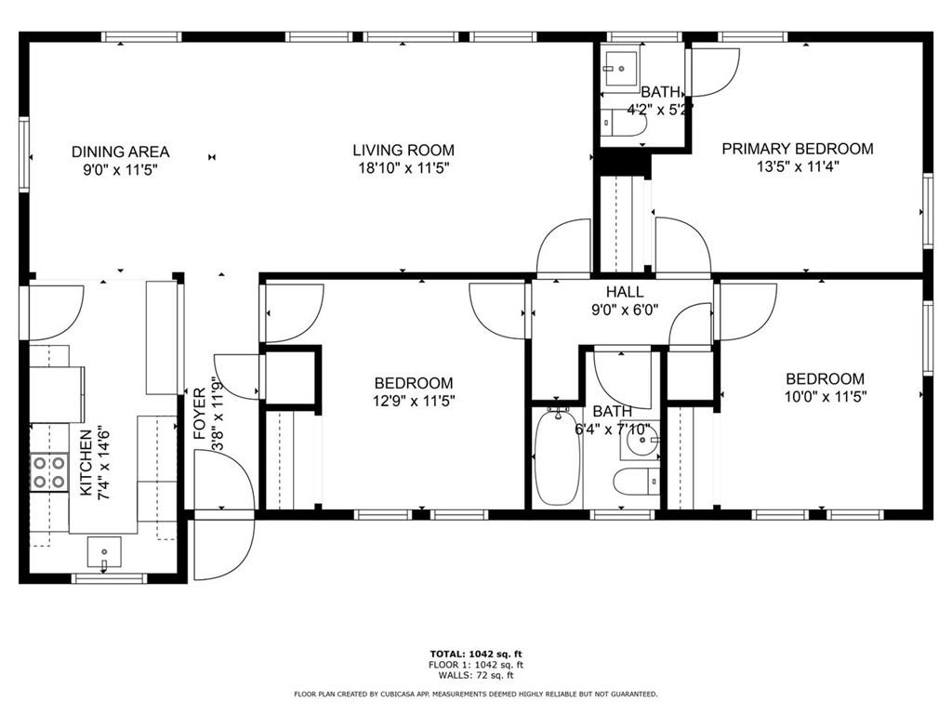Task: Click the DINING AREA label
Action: click(120, 152)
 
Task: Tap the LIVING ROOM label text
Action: click(403, 150)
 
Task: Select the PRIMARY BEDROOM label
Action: click(798, 148)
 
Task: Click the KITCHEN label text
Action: click(86, 462)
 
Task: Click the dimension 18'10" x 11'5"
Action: click(403, 168)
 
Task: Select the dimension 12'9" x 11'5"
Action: click(414, 402)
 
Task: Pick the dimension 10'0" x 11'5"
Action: click(825, 397)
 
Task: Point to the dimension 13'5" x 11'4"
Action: click(798, 167)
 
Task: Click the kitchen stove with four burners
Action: click(49, 471)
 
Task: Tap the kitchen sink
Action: click(103, 551)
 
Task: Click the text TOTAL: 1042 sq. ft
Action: click(475, 654)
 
